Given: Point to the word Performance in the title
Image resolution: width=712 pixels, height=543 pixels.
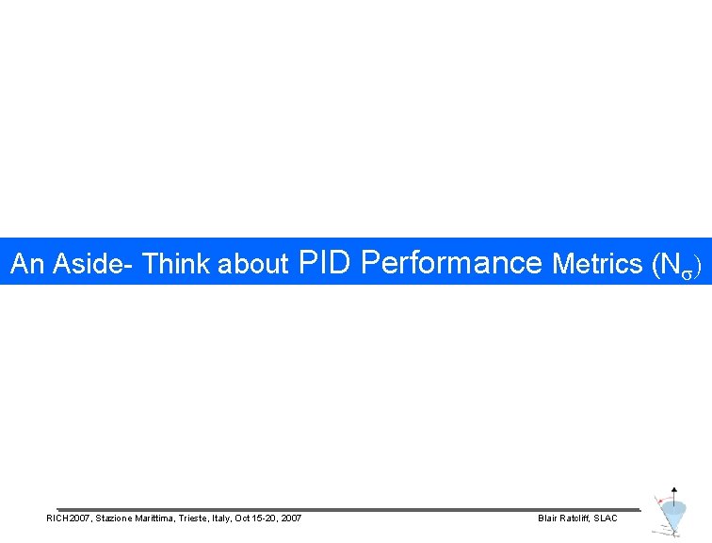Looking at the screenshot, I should [451, 262].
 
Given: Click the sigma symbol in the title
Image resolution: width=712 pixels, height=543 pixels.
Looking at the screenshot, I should [687, 269].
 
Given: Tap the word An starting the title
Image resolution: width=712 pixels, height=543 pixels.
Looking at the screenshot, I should [28, 265].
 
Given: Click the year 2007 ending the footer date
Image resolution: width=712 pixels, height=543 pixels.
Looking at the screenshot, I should [292, 518].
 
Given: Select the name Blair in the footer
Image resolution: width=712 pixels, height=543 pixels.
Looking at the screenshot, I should [547, 518].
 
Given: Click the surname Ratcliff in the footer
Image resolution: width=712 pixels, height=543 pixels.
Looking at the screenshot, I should [577, 518].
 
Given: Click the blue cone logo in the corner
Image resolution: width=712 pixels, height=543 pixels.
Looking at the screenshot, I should [672, 515].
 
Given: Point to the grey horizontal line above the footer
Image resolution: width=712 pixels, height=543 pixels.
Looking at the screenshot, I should [348, 509].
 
